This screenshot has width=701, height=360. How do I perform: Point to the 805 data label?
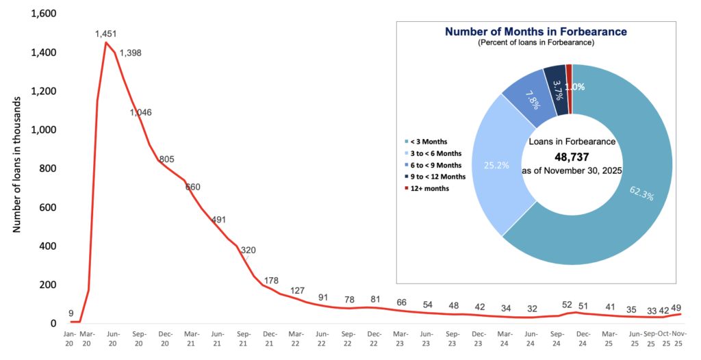[x=166, y=159]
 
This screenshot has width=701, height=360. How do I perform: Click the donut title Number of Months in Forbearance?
[x=536, y=31]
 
